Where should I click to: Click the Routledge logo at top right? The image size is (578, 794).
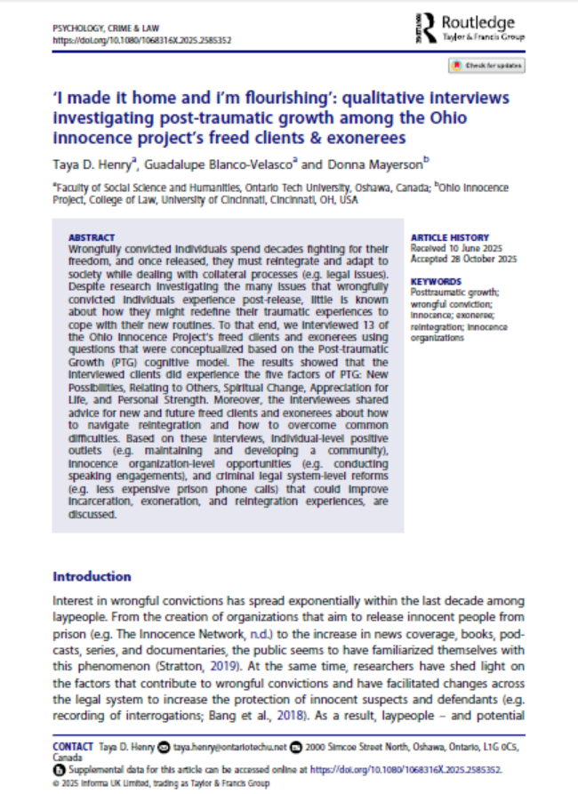[471, 28]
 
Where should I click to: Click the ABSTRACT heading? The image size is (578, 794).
[92, 237]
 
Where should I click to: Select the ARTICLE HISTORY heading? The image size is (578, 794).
[449, 237]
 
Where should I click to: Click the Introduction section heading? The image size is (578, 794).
[92, 576]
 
